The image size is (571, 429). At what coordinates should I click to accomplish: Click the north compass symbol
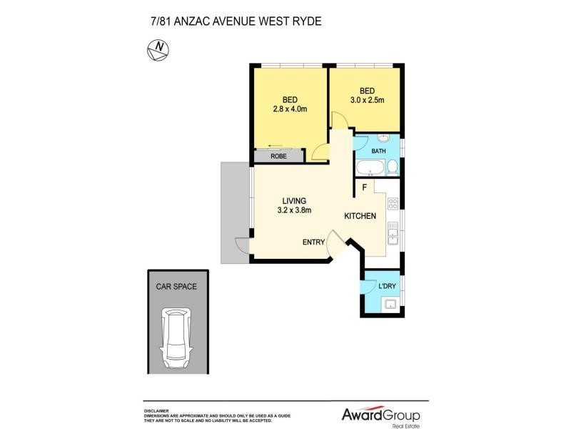coord(158,49)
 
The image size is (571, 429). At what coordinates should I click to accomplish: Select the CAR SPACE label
coord(176,286)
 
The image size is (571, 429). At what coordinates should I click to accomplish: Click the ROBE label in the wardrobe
coord(279,157)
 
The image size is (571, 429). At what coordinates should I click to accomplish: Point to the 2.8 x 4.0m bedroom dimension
coord(290,109)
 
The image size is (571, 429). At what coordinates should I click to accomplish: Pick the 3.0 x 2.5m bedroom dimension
coord(367,100)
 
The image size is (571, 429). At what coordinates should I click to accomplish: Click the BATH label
coord(378,151)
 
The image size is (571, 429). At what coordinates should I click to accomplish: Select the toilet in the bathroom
coord(392,168)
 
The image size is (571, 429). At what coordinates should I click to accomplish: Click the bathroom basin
coord(382,139)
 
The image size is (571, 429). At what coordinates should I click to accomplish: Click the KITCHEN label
coord(360,216)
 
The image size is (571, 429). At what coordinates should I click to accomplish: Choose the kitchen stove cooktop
coord(393,204)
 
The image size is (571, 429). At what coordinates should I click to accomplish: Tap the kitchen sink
coord(393,233)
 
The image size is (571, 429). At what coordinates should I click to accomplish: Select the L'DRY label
coord(387,286)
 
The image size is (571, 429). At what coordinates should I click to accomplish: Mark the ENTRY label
coord(313,242)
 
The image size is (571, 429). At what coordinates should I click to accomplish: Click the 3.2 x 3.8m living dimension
coord(294,210)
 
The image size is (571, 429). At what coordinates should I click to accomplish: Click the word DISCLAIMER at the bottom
coord(156,411)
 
